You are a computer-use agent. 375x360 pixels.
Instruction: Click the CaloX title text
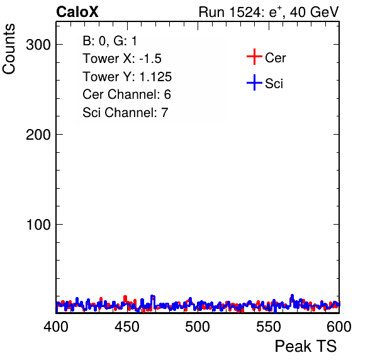click(77, 12)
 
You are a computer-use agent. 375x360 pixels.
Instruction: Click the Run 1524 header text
click(232, 12)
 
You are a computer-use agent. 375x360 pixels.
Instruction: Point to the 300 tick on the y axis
click(38, 45)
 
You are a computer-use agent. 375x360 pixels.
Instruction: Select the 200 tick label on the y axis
click(38, 135)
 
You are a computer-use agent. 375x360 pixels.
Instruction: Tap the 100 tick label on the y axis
click(38, 225)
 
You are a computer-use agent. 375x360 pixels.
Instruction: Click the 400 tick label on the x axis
click(56, 327)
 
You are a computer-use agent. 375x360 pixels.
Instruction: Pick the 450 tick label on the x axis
click(126, 327)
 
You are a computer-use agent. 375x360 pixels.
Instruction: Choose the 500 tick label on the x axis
click(198, 327)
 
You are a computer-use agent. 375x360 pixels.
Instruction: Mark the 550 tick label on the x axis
click(268, 327)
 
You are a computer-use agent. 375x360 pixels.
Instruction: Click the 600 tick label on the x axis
click(339, 327)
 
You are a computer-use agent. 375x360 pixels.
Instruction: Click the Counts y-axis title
click(9, 49)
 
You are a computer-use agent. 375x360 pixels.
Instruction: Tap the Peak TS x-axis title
click(306, 346)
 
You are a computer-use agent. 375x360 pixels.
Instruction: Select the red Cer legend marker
click(254, 57)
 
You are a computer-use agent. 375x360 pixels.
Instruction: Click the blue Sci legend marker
click(254, 83)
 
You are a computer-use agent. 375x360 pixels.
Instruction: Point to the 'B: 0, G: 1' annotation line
click(109, 41)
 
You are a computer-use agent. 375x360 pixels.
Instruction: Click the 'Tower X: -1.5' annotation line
click(122, 59)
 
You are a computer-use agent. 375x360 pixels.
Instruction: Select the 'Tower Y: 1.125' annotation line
click(127, 77)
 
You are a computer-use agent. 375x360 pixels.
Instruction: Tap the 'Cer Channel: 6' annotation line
click(126, 94)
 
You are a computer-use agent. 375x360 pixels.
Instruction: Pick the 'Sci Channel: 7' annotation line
click(125, 113)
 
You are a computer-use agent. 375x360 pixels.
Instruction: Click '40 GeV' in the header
click(314, 12)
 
